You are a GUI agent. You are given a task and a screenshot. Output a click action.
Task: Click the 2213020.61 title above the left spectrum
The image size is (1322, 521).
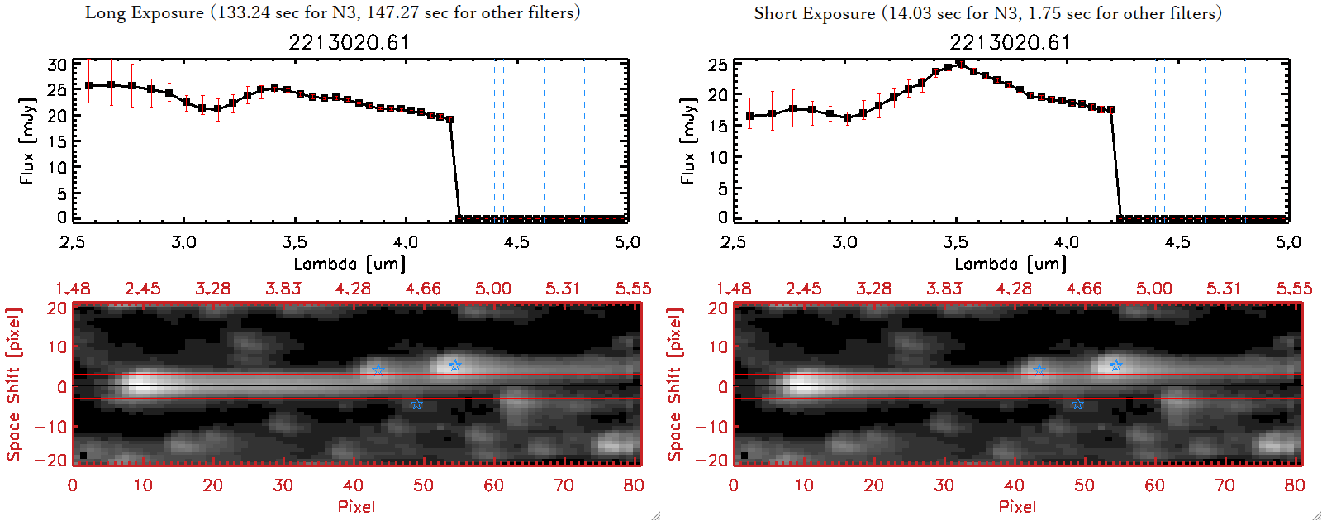click(x=349, y=42)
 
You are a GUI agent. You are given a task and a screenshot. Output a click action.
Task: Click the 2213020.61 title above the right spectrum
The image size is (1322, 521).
click(x=1010, y=42)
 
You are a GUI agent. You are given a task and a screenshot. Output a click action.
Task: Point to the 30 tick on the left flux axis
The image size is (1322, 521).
click(x=57, y=65)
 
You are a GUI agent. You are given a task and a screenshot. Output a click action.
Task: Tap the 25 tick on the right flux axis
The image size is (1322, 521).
click(x=718, y=65)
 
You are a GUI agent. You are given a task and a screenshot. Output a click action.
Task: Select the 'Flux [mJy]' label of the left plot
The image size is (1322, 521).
click(x=27, y=141)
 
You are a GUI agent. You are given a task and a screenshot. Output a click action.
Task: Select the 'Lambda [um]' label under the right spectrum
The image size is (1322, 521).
click(x=1011, y=264)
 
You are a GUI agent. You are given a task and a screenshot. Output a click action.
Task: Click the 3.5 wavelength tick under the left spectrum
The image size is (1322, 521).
click(x=294, y=242)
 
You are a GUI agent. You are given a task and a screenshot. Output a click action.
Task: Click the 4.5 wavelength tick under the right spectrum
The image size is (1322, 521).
click(x=1177, y=242)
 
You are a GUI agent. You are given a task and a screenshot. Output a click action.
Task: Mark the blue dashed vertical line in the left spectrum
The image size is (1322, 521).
click(x=494, y=141)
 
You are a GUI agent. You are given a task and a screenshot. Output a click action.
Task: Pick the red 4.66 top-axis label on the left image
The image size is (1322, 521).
click(x=423, y=289)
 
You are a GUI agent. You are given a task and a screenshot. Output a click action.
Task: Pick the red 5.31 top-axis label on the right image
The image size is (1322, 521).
click(x=1224, y=289)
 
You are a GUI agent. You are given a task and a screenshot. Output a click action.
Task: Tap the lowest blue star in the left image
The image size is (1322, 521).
click(x=416, y=404)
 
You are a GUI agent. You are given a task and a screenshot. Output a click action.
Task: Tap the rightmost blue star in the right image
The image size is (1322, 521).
click(x=1115, y=366)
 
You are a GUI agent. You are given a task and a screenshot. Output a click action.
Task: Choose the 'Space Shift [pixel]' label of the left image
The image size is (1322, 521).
click(x=13, y=385)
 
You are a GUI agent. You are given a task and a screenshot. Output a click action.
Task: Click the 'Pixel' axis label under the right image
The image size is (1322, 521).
click(x=1017, y=506)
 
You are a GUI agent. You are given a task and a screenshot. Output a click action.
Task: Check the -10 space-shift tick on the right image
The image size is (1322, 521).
click(x=711, y=426)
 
